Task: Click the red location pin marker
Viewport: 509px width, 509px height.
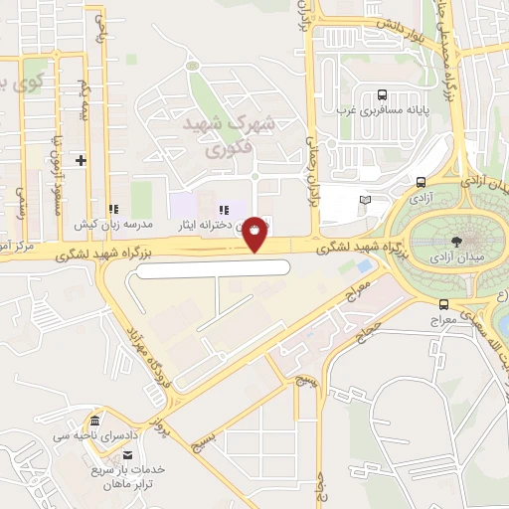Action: pos(255,233)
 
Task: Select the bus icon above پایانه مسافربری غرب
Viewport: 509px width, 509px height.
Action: pos(382,95)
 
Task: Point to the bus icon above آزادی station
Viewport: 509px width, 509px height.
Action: pos(422,182)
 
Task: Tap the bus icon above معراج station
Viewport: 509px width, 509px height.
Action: pos(443,305)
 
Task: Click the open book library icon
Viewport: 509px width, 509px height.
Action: pos(365,201)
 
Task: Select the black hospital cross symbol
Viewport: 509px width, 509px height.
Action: pos(82,160)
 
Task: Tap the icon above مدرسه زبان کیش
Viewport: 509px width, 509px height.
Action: pos(113,210)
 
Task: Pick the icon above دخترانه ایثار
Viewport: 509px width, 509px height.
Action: pos(225,210)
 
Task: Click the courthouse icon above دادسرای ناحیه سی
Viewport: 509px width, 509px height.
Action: pos(94,422)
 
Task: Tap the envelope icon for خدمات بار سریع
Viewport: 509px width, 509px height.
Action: pos(125,455)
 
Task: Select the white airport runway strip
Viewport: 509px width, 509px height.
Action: pos(213,267)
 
